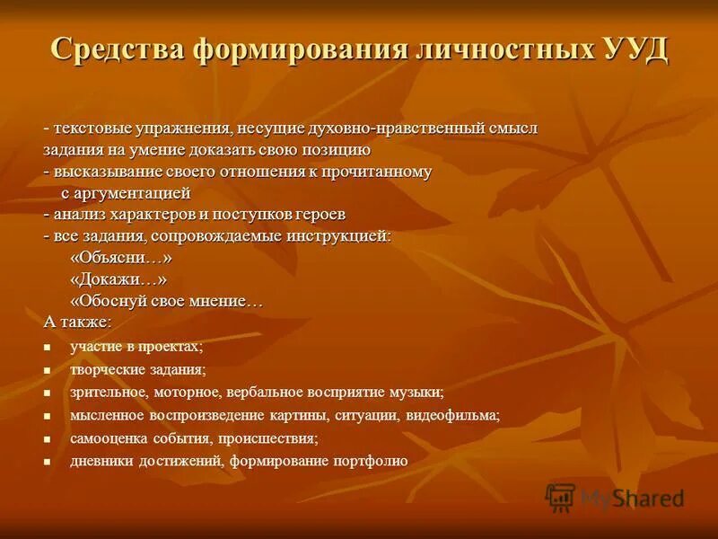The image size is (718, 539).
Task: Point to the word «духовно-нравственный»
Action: (x=385, y=129)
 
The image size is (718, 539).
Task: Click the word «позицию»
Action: (x=334, y=150)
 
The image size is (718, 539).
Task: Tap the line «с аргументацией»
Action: (x=126, y=193)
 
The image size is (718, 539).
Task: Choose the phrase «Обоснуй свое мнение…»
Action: (x=167, y=301)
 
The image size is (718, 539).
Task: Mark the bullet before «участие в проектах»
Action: (x=48, y=347)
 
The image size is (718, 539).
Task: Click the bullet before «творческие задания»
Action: (x=48, y=370)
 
